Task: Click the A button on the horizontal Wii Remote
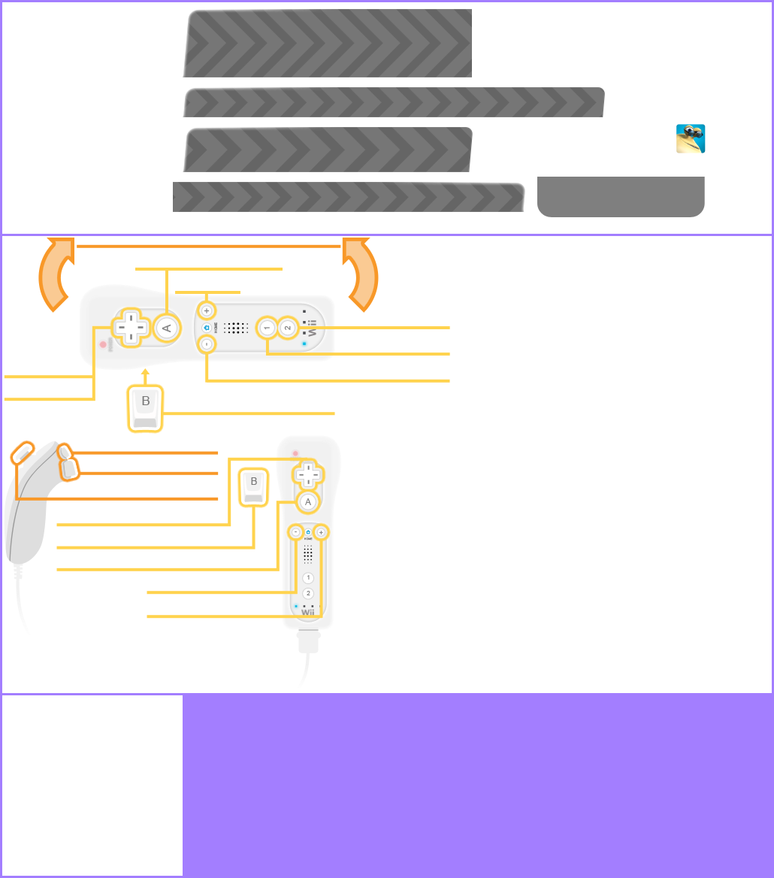pos(167,328)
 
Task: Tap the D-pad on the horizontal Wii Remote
pos(131,328)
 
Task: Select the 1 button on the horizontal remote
pos(267,328)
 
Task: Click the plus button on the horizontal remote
pos(207,310)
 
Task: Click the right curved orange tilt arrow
pos(361,274)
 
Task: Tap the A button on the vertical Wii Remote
pos(307,502)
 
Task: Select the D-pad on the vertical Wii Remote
pos(307,474)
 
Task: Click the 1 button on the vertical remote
pos(307,577)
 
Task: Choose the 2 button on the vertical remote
pos(307,593)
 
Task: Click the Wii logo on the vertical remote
pos(308,613)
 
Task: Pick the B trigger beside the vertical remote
pos(253,487)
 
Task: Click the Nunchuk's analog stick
pos(23,453)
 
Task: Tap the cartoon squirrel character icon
pos(691,139)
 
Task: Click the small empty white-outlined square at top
pos(503,35)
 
